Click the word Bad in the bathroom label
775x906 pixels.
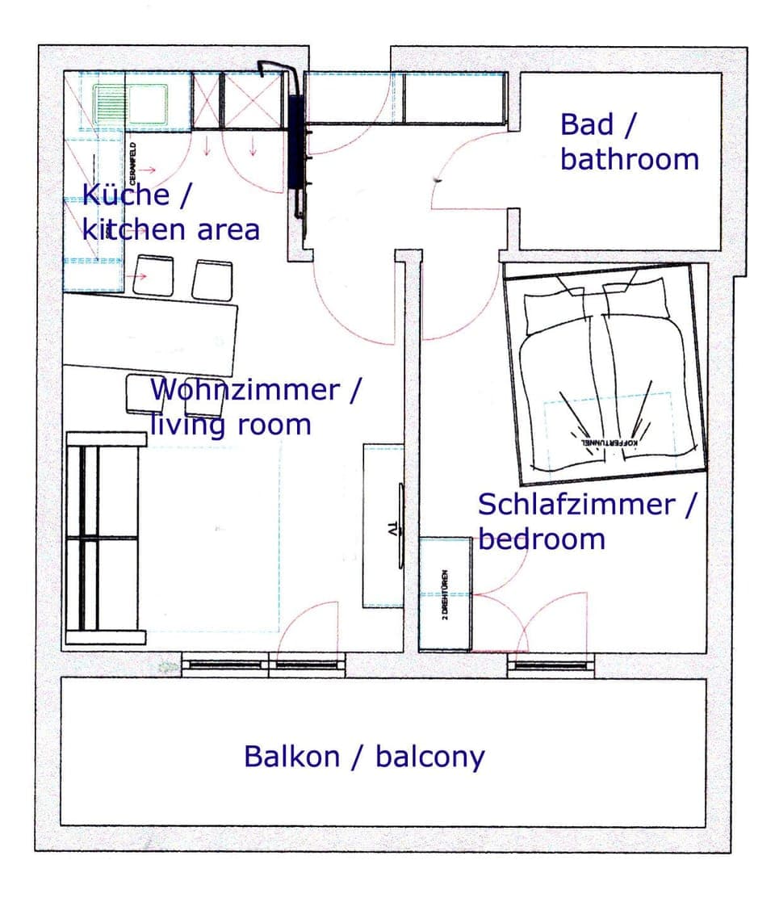[x=587, y=124]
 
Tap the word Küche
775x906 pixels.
[x=125, y=195]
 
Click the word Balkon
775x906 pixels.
[x=291, y=757]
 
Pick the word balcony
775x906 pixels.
[x=429, y=757]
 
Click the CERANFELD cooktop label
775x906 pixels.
[x=132, y=161]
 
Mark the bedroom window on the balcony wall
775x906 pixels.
[x=551, y=666]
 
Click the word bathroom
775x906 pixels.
[x=630, y=159]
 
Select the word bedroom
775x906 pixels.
[x=542, y=539]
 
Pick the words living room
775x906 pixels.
[x=230, y=424]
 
